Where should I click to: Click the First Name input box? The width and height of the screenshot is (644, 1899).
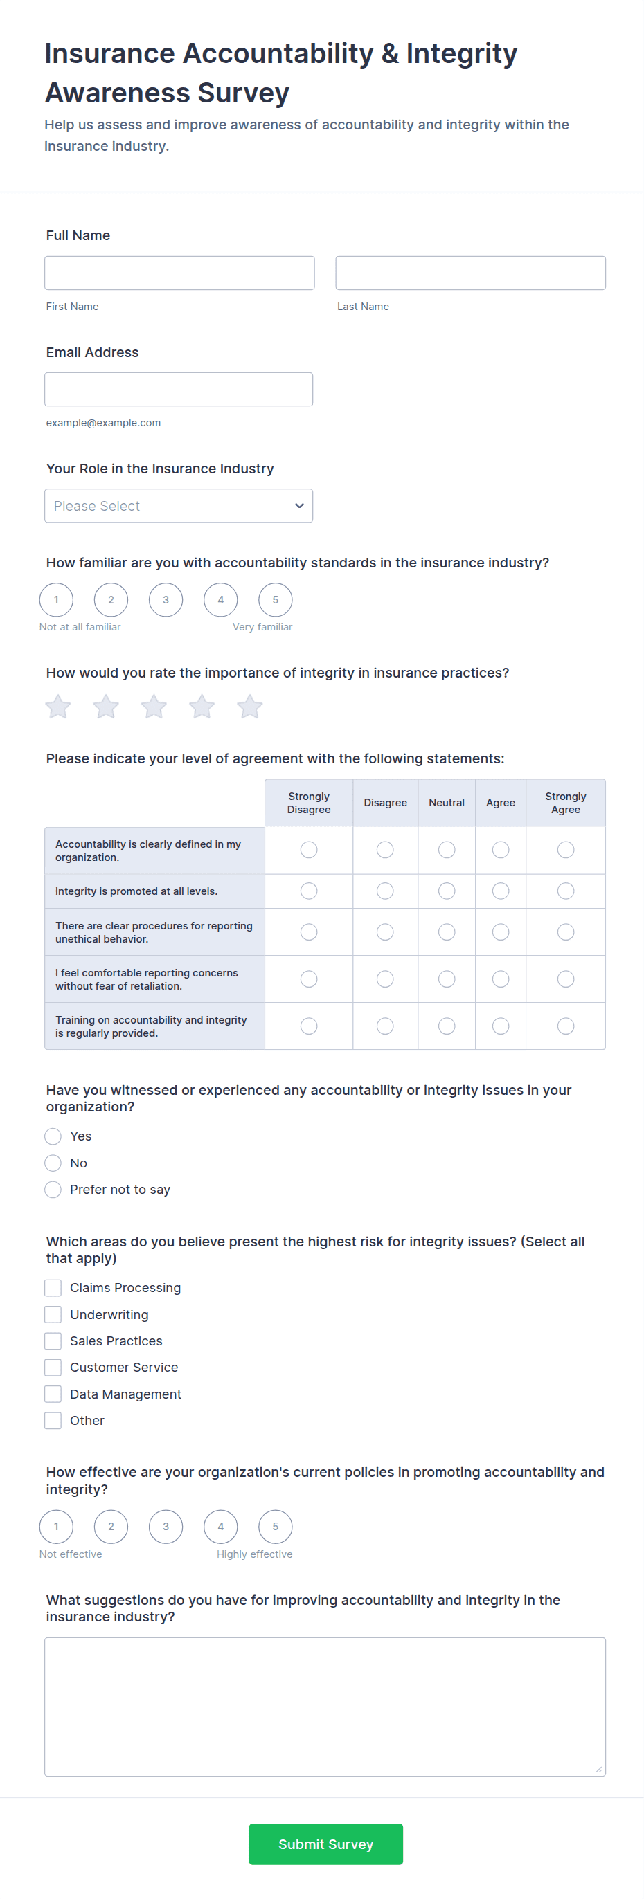(179, 273)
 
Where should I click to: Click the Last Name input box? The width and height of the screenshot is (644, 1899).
(470, 273)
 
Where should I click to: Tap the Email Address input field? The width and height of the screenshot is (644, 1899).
(179, 389)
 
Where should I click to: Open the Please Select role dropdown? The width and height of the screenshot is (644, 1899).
(179, 506)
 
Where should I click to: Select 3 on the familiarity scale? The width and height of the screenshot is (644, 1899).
(166, 600)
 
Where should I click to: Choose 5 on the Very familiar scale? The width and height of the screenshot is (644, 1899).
(275, 600)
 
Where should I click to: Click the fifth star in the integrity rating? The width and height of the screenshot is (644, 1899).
(249, 707)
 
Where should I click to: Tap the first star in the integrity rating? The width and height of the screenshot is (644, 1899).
(58, 707)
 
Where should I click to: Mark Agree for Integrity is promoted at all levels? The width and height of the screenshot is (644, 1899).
(500, 891)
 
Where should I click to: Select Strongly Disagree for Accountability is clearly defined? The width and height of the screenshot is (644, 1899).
(309, 850)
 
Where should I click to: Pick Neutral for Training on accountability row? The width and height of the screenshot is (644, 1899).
(447, 1026)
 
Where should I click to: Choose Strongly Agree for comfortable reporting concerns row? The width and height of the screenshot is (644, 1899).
(566, 979)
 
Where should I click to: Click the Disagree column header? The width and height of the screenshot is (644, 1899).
(385, 803)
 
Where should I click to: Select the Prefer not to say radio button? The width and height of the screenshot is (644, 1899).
(53, 1189)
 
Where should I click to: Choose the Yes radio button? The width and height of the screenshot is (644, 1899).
(53, 1136)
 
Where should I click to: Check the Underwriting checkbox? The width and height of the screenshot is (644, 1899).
(53, 1314)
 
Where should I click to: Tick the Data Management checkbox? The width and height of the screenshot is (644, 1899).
(53, 1394)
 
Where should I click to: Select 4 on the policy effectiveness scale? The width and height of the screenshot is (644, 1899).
(221, 1527)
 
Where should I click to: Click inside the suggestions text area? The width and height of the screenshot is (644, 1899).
(325, 1707)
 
